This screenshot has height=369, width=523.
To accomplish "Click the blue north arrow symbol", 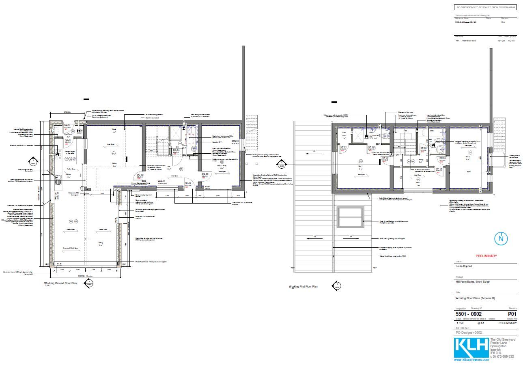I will click(x=501, y=238).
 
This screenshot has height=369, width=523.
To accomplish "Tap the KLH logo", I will click(x=471, y=346).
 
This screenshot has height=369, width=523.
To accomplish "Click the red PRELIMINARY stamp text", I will click(x=486, y=256).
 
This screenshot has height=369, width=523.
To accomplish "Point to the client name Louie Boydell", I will click(x=464, y=267).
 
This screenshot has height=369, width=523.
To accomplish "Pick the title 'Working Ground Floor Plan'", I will click(x=60, y=284).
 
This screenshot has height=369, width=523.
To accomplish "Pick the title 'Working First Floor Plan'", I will click(x=303, y=287).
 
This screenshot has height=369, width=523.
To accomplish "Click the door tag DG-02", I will click(x=140, y=175).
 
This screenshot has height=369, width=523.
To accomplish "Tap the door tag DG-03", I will click(x=205, y=174).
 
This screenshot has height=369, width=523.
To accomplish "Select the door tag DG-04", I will click(x=176, y=150).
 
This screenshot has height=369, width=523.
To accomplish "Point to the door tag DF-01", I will click(x=343, y=146).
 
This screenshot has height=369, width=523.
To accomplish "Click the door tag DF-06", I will click(x=439, y=168).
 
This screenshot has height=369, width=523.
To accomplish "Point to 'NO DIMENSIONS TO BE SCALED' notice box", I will click(x=486, y=7).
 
